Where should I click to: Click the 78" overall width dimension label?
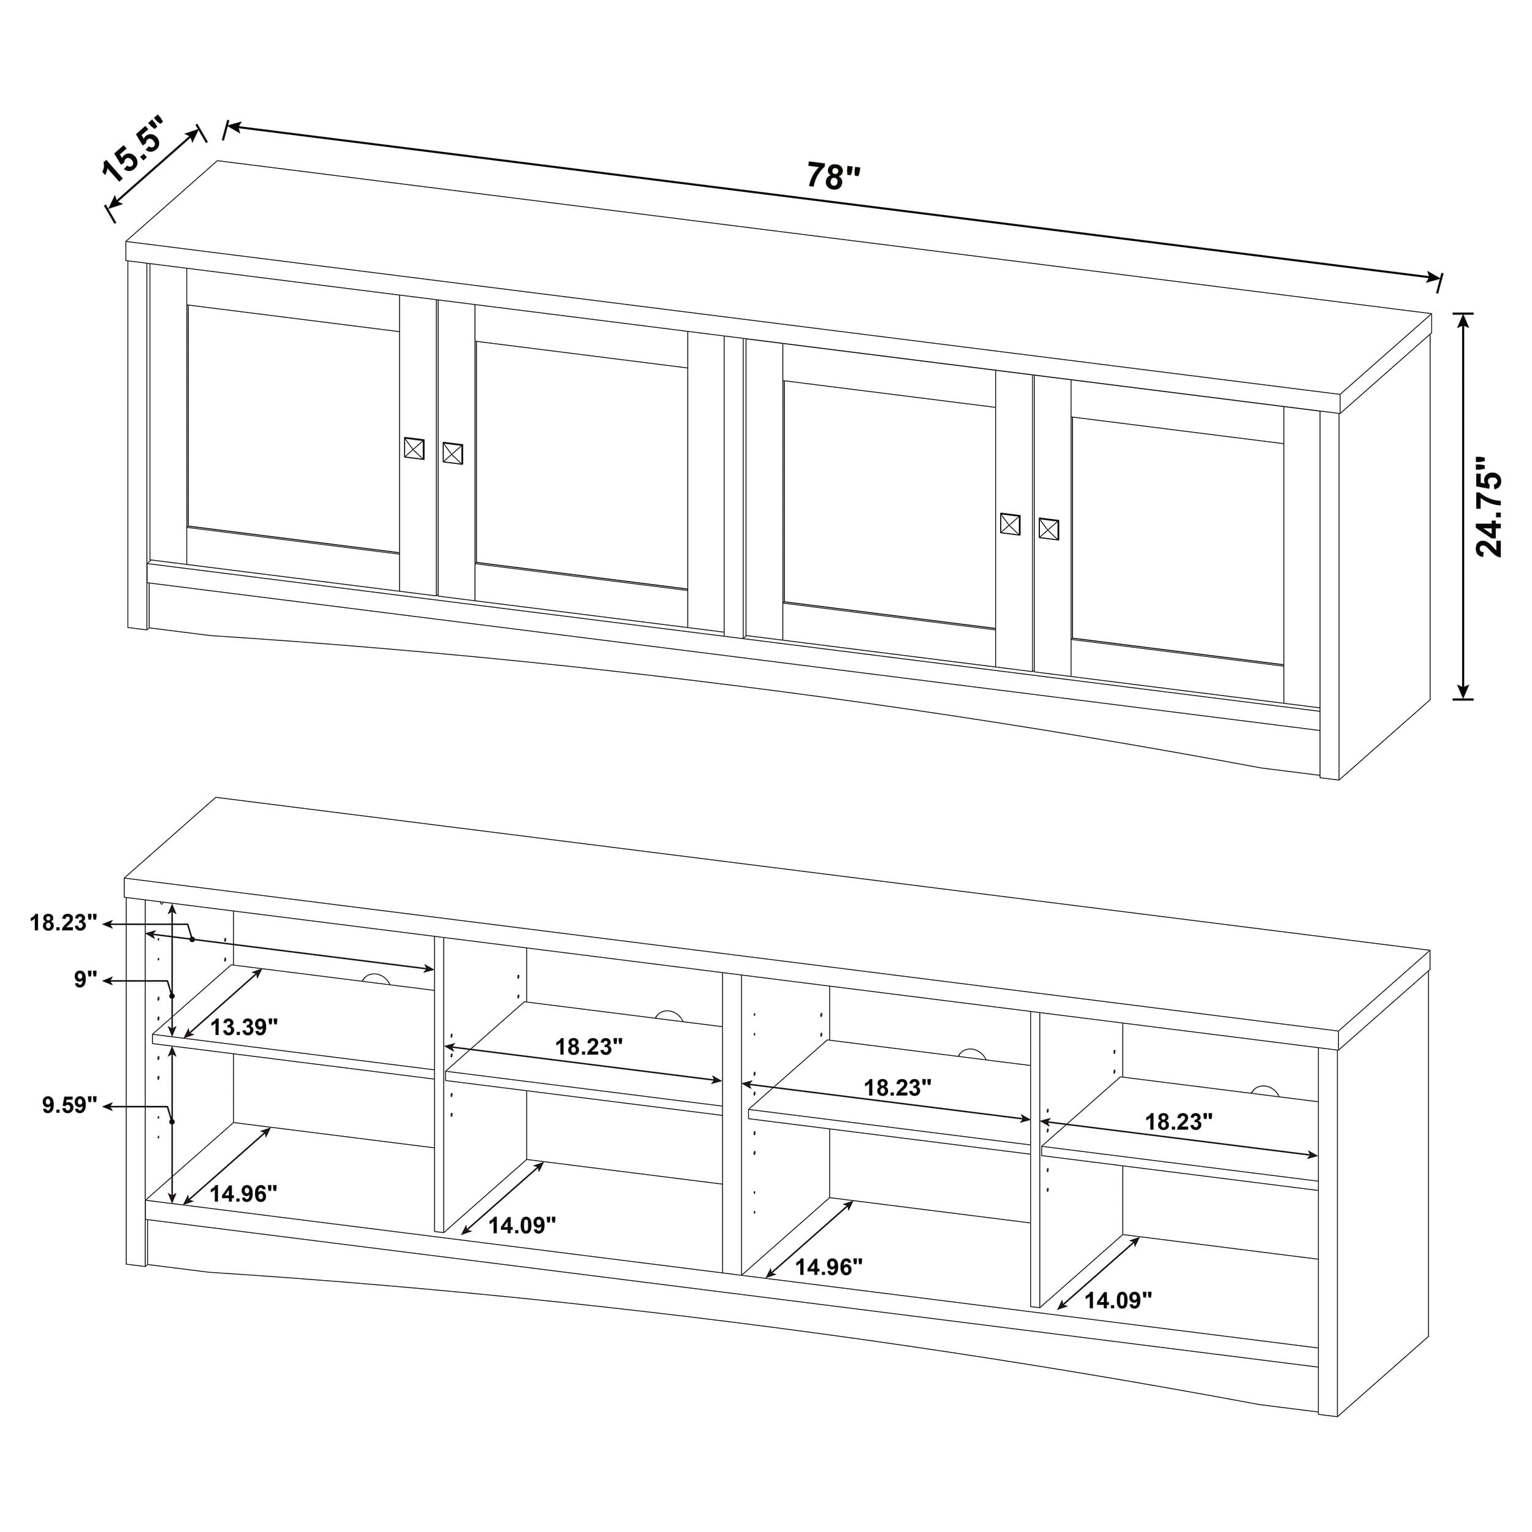point(833,176)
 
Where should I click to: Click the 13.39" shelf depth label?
point(243,1027)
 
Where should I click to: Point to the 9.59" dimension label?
point(70,1105)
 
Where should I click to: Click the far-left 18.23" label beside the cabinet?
point(64,922)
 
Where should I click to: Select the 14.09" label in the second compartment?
point(521,1225)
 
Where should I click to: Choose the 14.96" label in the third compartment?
point(829,1267)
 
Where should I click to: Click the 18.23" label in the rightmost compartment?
point(1178,1121)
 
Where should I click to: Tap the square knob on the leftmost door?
point(414,448)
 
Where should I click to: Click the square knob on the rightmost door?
point(1049,529)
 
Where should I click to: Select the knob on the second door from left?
point(452,453)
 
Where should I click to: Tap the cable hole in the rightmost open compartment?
point(1265,1092)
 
